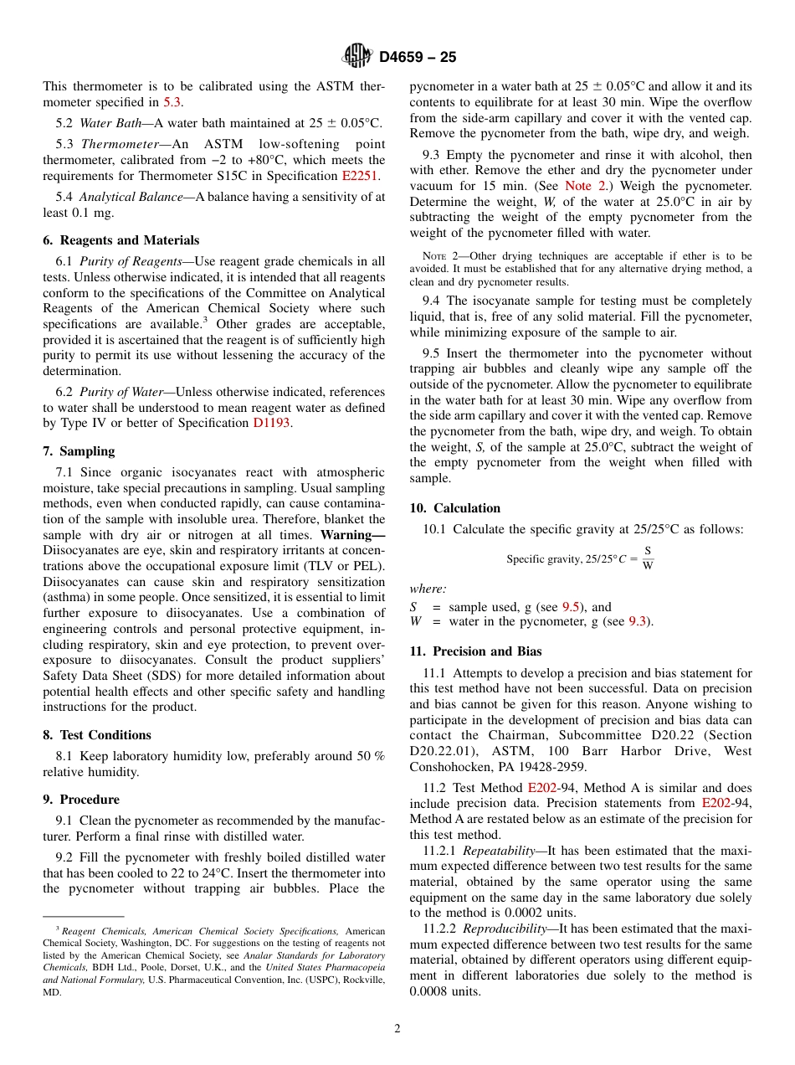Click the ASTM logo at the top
357,57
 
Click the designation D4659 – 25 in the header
418,58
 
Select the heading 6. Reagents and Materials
121,240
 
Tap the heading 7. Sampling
79,451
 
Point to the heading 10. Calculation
454,508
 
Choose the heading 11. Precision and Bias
475,651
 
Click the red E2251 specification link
360,176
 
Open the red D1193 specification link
271,423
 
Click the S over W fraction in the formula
648,558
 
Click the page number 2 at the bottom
397,1029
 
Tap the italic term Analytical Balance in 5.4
131,198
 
